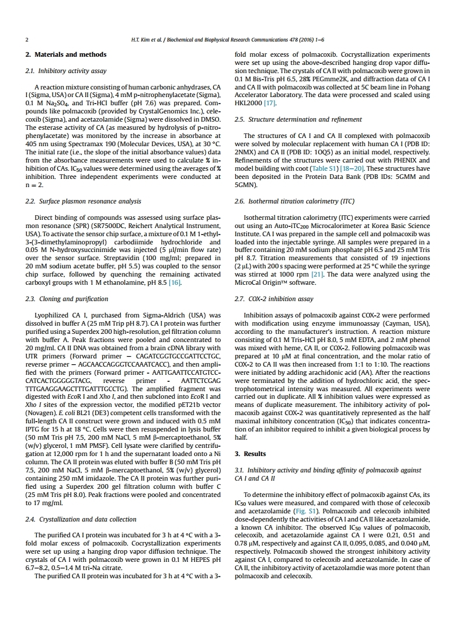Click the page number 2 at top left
click(x=27, y=40)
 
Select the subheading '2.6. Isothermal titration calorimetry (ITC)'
click(x=294, y=201)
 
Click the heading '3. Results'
click(x=250, y=454)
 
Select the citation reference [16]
click(x=175, y=282)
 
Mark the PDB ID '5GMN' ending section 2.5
click(x=245, y=184)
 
